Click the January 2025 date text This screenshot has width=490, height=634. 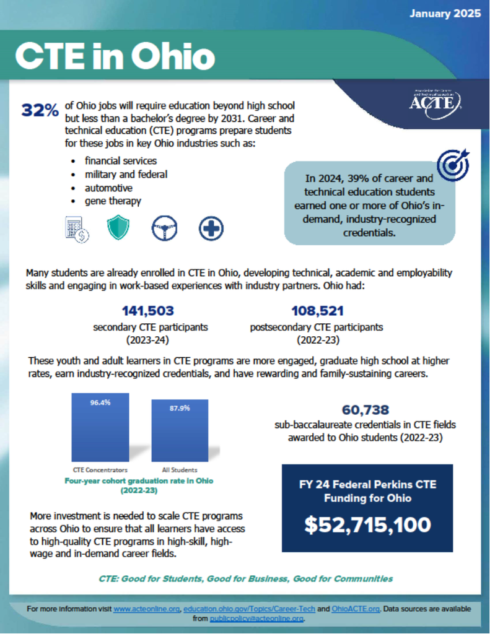445,14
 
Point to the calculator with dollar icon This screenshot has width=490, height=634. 77,229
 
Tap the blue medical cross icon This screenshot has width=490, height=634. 211,228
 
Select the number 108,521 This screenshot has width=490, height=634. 317,311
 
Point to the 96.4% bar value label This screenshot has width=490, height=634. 100,402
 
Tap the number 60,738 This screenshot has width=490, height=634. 365,410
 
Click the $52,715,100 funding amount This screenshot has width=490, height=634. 367,524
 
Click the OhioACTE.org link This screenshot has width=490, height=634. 356,609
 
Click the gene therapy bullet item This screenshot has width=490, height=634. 113,201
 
